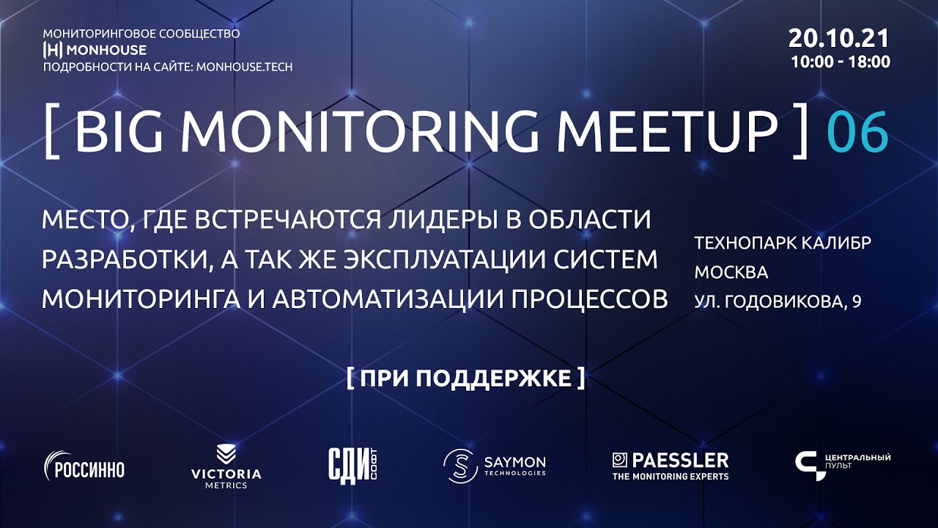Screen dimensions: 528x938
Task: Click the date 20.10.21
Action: pos(839,38)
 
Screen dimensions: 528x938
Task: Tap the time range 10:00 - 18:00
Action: pos(841,62)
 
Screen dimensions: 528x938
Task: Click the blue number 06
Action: pos(857,133)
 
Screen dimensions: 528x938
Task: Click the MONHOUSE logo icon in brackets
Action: pos(53,50)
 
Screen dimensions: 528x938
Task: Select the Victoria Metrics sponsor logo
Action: pos(226,466)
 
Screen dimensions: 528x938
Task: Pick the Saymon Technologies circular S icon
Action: pos(459,466)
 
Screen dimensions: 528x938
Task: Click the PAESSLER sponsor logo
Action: pos(671,466)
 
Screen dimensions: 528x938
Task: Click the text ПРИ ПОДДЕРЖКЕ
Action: pos(465,378)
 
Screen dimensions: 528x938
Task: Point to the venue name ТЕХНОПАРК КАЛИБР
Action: pos(783,243)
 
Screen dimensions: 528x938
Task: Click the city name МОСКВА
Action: pos(731,272)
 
